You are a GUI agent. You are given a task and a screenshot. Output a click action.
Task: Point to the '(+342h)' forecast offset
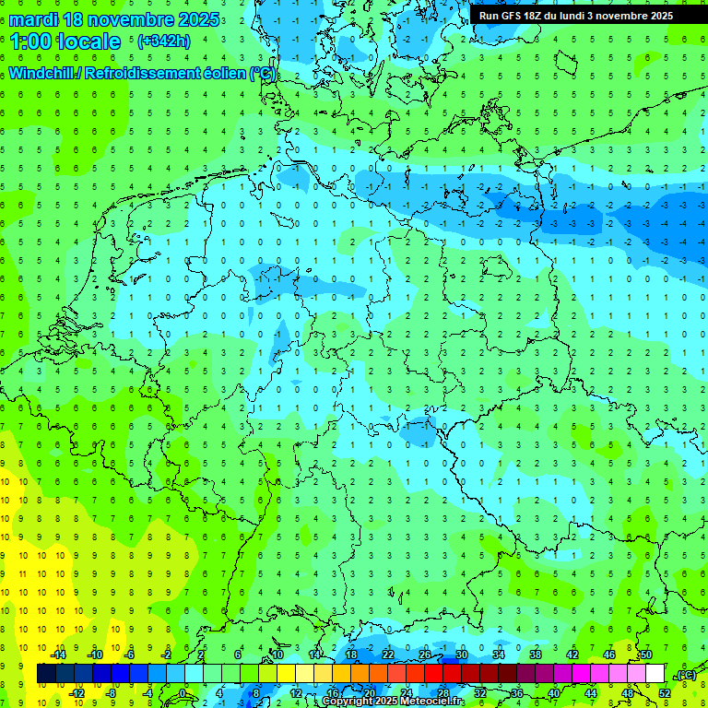coord(163,41)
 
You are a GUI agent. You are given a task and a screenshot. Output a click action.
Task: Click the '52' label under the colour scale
coord(665,693)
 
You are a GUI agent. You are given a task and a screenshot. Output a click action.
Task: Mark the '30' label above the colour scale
coord(462,655)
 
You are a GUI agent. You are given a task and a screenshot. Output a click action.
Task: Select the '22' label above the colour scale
coord(388,655)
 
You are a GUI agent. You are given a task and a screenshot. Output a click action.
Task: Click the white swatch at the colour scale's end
coord(655,674)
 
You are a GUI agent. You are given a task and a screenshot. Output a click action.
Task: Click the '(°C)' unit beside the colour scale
coord(685,675)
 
